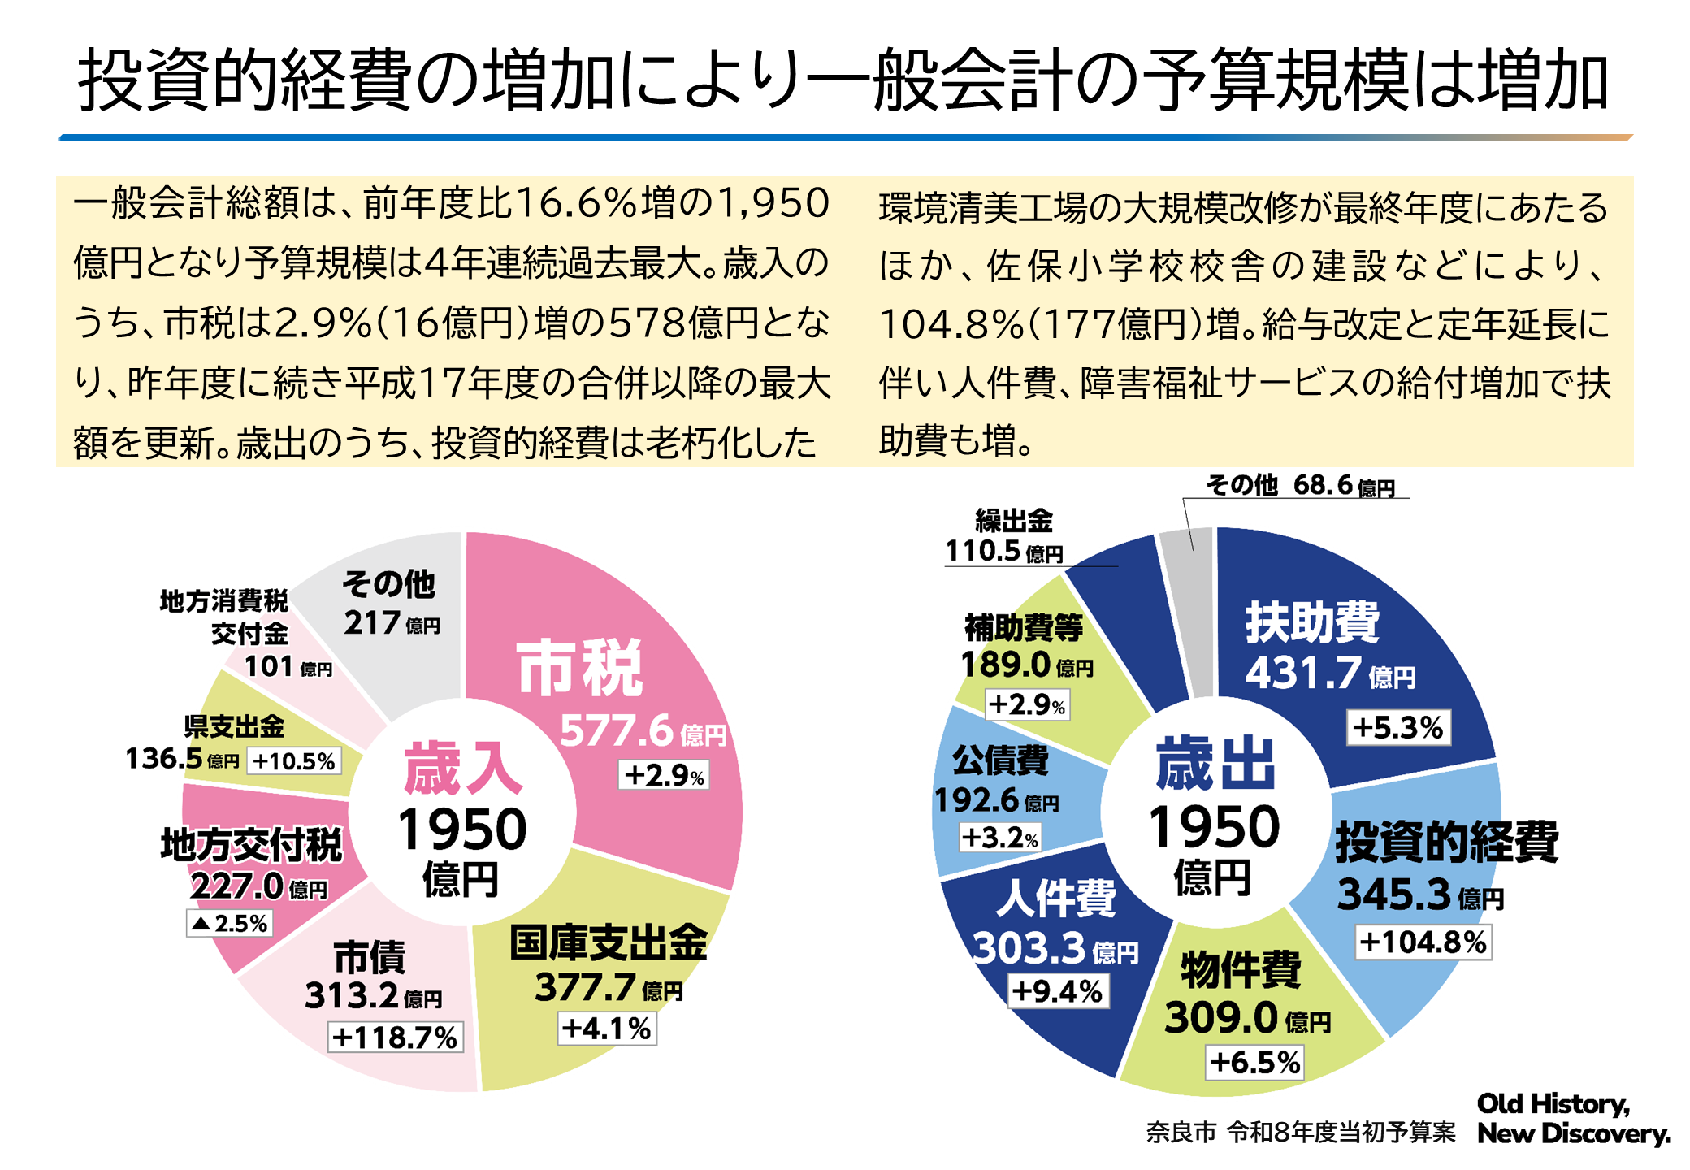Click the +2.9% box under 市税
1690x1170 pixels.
664,775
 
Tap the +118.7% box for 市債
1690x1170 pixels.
395,1038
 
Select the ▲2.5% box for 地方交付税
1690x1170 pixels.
230,923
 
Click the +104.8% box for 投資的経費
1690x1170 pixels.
1423,942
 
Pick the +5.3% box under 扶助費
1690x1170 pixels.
1398,727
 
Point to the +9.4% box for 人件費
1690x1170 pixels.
1058,991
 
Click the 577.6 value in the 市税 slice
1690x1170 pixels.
617,730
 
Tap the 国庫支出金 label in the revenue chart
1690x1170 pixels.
609,943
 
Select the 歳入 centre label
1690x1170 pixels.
463,768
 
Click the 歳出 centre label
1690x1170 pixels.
1215,764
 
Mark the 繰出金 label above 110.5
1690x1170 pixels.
1014,520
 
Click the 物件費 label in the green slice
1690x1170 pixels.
1241,969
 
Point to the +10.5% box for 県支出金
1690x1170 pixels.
294,761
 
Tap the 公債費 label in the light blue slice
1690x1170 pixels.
1000,760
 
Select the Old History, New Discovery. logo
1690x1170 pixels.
1572,1119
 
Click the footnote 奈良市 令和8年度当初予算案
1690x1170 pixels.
1301,1133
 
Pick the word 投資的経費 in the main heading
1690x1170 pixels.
245,80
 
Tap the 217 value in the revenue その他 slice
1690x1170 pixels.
372,623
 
